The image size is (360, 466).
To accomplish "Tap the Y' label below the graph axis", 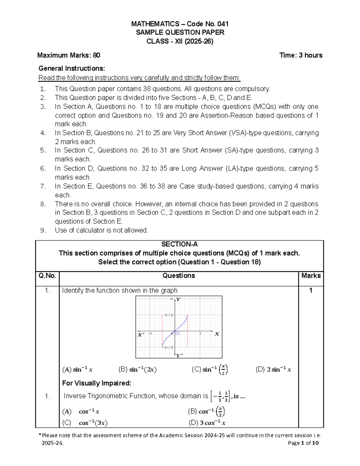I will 179,355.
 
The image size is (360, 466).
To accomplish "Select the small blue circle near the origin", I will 178,333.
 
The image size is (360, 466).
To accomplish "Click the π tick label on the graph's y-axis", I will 172,299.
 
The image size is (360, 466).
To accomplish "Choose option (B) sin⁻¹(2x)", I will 138,370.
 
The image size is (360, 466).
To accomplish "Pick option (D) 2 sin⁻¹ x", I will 273,370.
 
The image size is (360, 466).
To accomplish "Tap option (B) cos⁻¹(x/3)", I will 206,411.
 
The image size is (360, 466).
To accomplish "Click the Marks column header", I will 311,275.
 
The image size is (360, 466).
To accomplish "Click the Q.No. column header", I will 47,275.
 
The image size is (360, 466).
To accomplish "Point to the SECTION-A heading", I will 179,244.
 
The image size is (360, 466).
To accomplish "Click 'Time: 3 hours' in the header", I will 301,55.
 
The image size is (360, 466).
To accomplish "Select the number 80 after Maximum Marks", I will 97,55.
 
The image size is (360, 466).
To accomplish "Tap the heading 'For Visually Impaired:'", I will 97,383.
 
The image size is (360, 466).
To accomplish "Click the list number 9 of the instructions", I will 43,230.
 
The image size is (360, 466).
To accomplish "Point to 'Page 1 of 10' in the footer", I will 303,443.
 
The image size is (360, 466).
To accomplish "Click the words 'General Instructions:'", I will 72,68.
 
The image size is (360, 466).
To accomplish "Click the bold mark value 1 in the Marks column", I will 311,290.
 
